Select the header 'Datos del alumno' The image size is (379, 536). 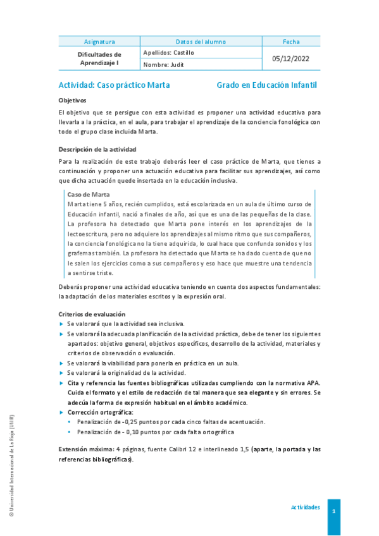coord(201,42)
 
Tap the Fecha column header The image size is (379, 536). coord(291,42)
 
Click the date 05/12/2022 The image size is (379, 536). coord(291,58)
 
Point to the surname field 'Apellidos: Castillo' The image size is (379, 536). coord(169,53)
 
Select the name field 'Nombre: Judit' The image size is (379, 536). coord(163,64)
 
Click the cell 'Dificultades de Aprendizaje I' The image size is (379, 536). coord(99,59)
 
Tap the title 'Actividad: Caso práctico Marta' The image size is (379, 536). coord(114,85)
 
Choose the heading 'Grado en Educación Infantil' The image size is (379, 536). coord(266,85)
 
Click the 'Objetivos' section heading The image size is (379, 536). coord(72,100)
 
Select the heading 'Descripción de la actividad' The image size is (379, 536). coord(97,150)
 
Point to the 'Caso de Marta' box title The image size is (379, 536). coord(89,195)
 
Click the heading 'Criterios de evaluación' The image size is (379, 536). coord(92,314)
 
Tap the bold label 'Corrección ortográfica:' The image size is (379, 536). coord(101,412)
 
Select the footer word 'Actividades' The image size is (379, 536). coord(305,508)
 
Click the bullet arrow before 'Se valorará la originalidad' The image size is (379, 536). coord(61,373)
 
